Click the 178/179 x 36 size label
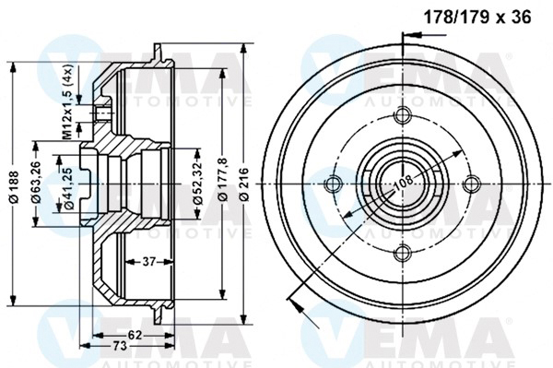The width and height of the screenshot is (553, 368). click(x=477, y=17)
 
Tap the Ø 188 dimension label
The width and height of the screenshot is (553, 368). click(x=14, y=187)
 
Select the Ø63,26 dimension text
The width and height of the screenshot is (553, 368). click(x=37, y=183)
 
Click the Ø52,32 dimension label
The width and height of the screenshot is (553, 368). click(x=198, y=183)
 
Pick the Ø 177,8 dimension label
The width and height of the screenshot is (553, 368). click(x=224, y=180)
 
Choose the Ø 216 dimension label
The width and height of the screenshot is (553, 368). click(x=243, y=184)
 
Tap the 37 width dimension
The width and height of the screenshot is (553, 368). click(x=148, y=262)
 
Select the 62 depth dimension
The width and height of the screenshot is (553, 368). click(x=135, y=335)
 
